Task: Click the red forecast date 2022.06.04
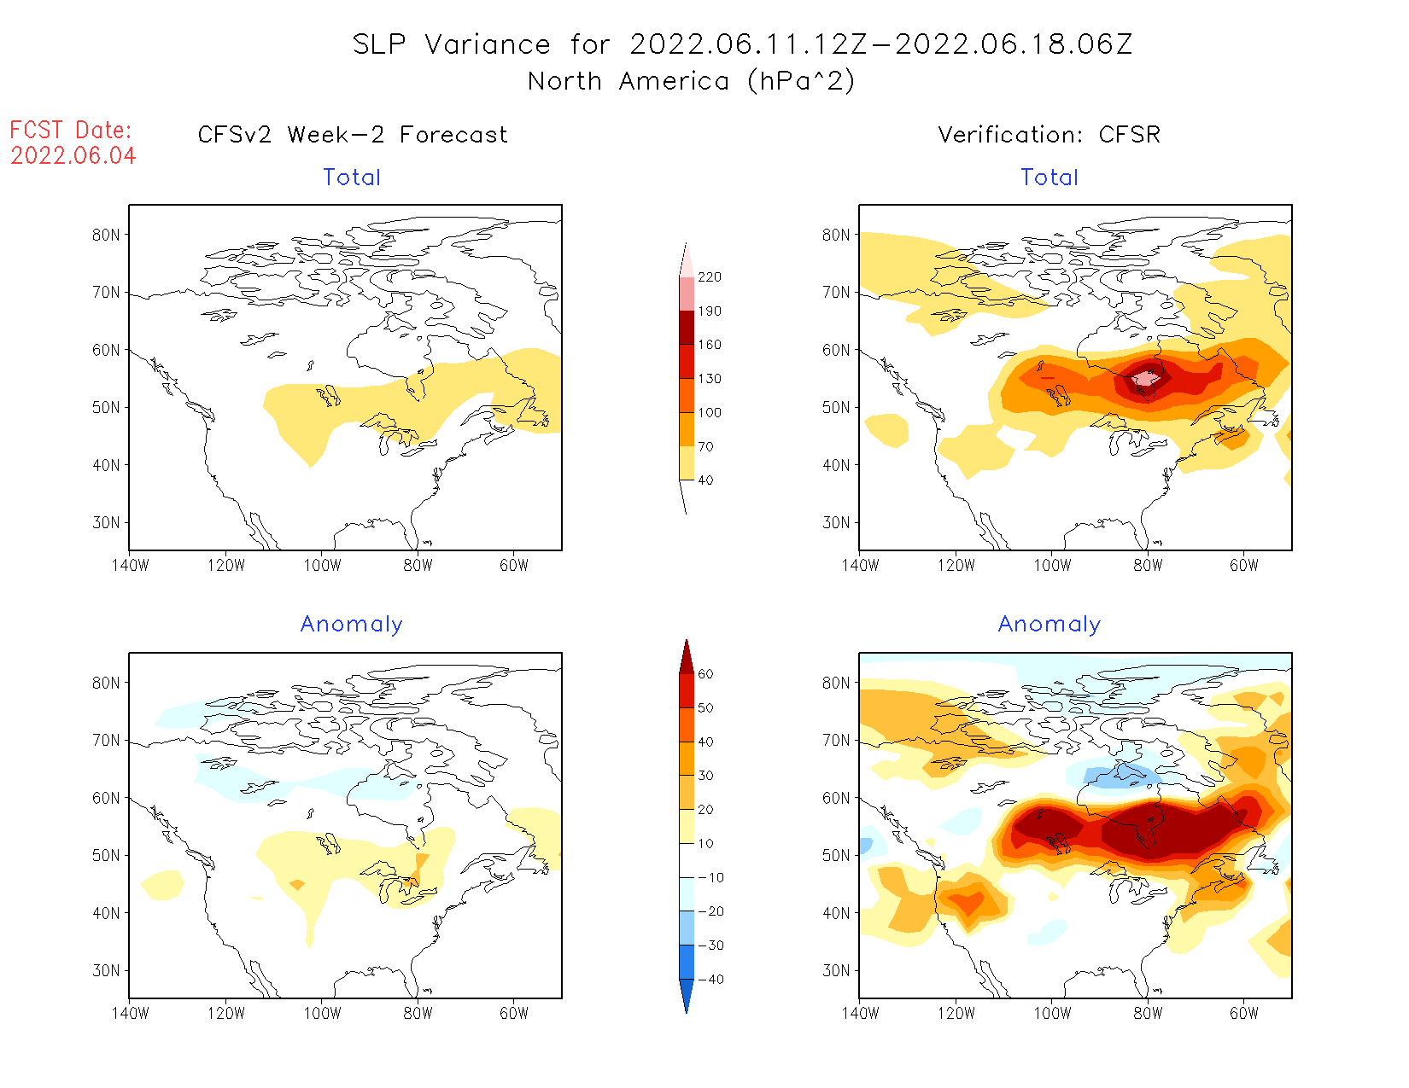point(73,156)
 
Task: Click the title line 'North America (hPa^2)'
point(691,81)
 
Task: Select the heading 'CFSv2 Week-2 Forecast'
point(352,135)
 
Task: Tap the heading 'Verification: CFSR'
point(1049,135)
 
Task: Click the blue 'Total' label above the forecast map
point(351,177)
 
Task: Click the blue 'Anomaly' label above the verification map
point(1049,625)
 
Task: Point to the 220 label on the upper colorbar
point(709,277)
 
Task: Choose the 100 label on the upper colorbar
point(709,413)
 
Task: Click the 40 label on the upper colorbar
point(705,480)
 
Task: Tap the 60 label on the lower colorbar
point(705,674)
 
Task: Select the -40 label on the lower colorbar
point(710,980)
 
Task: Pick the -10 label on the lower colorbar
point(710,877)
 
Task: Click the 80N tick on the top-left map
point(106,235)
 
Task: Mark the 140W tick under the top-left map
point(130,566)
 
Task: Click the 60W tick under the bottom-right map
point(1243,1014)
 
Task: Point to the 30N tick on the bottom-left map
point(106,970)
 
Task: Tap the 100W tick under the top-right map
point(1052,566)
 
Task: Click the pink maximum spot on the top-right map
point(1144,378)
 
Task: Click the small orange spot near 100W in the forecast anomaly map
point(296,885)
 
